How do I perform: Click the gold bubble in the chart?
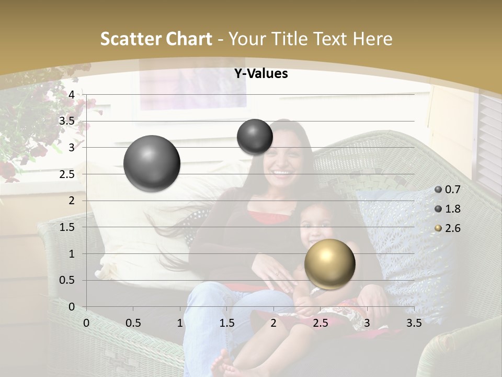[x=329, y=264]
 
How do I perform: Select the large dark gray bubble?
[x=152, y=163]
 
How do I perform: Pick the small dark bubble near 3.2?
[x=255, y=137]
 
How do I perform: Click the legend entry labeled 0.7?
[x=447, y=190]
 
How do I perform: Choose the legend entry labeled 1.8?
[x=447, y=209]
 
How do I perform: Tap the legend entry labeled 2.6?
[x=447, y=228]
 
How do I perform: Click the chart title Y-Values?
[x=260, y=74]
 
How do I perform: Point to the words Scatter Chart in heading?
[x=156, y=39]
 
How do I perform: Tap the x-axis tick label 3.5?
[x=414, y=323]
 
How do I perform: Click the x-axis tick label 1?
[x=180, y=323]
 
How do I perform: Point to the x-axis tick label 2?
[x=273, y=323]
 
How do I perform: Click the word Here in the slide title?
[x=372, y=39]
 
